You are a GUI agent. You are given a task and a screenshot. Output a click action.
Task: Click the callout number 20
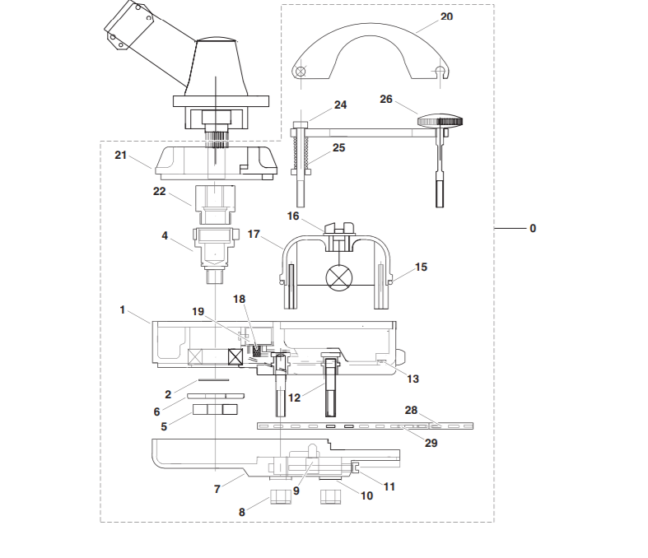(x=446, y=16)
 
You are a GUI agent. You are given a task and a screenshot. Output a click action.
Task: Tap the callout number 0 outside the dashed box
(x=533, y=229)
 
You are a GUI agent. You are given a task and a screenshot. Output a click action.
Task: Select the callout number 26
(x=385, y=99)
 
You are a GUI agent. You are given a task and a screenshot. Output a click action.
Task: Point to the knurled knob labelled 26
(x=440, y=121)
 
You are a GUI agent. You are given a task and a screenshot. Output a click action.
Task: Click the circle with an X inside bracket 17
(x=339, y=277)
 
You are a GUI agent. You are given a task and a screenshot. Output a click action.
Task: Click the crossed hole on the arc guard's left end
(x=301, y=72)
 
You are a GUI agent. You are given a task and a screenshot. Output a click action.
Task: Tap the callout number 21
(x=120, y=155)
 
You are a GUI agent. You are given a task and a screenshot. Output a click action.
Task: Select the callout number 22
(x=159, y=191)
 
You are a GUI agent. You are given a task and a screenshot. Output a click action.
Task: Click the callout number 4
(x=165, y=235)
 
